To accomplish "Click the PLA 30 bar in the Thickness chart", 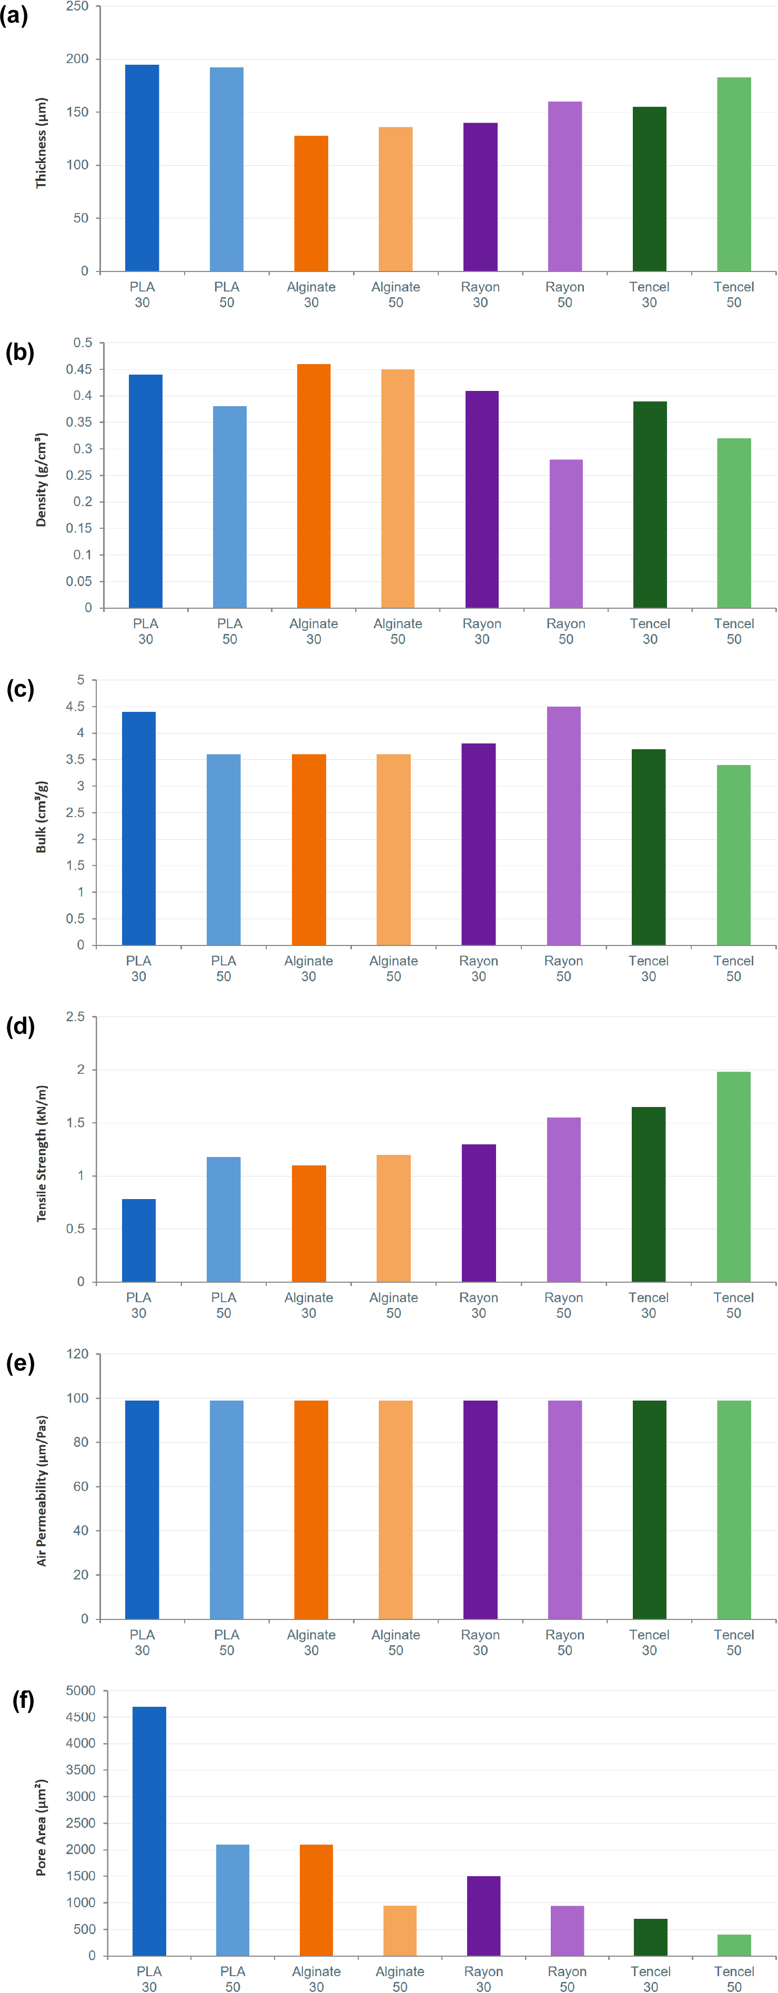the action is point(143,168).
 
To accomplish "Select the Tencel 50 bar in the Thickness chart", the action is point(734,174).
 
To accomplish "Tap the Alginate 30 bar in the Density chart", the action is point(314,486).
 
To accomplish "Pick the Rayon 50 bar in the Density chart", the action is point(566,534).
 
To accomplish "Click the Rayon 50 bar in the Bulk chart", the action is point(564,826).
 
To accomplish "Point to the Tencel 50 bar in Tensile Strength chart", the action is point(734,1177).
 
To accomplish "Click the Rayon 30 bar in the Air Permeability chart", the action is point(480,1509).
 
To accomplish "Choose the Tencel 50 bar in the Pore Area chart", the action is point(734,1945).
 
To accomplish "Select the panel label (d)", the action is point(20,1026).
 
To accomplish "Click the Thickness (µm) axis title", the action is point(41,143).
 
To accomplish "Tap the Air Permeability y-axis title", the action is point(42,1491).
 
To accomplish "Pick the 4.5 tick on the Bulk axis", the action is point(75,707).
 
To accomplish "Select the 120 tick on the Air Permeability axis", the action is point(78,1354).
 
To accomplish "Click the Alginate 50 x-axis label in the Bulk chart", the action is point(393,969).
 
